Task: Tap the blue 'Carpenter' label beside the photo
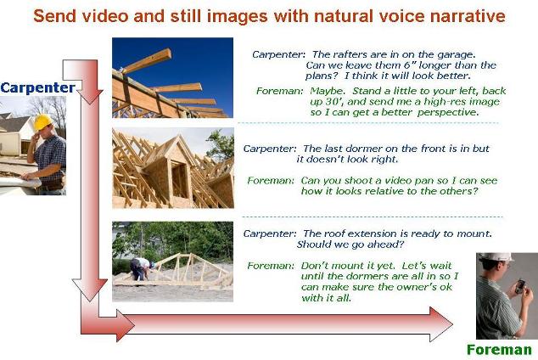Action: [37, 87]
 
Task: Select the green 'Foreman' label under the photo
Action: [499, 350]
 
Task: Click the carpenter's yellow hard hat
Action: [42, 121]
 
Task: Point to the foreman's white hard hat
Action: [496, 257]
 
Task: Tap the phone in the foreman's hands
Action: [520, 286]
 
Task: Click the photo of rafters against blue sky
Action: [172, 77]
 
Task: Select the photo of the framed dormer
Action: [173, 168]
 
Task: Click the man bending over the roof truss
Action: [141, 268]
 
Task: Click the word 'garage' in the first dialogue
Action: [456, 54]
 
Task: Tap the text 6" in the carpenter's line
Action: [408, 65]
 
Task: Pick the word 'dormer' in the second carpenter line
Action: [364, 149]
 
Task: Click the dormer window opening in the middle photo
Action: [179, 179]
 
